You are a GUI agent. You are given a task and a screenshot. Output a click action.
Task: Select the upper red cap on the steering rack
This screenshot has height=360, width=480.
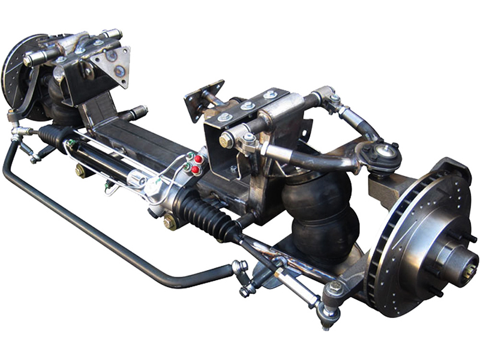coord(198,159)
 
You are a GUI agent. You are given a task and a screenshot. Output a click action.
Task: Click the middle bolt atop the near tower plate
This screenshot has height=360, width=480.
coord(248,106)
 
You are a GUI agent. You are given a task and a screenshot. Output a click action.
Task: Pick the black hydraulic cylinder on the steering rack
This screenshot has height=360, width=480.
coord(102,158)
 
